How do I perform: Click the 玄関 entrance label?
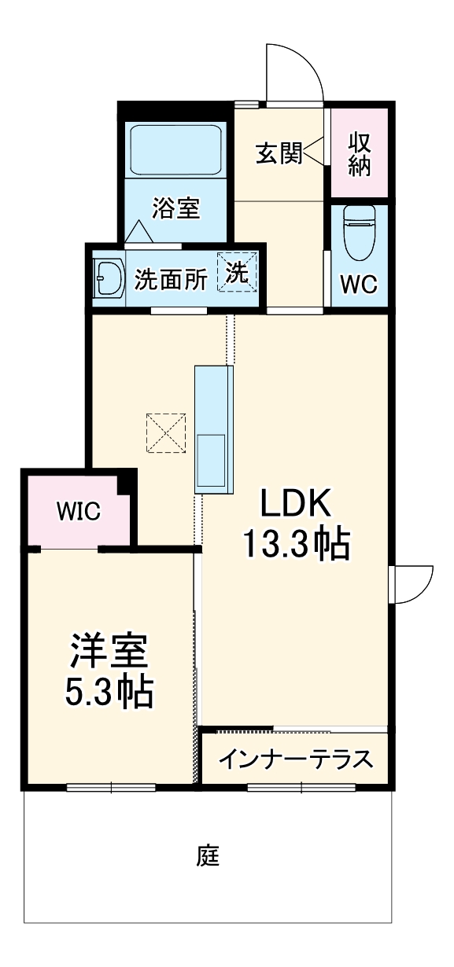point(279,153)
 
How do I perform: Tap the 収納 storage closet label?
point(360,154)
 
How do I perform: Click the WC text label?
point(359,284)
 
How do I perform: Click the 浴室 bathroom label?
point(175,208)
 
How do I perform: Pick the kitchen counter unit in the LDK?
point(214,429)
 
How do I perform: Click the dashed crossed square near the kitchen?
point(167,432)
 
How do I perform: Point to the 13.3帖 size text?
point(294,544)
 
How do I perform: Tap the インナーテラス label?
point(295,759)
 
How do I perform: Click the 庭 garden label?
point(208,855)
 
